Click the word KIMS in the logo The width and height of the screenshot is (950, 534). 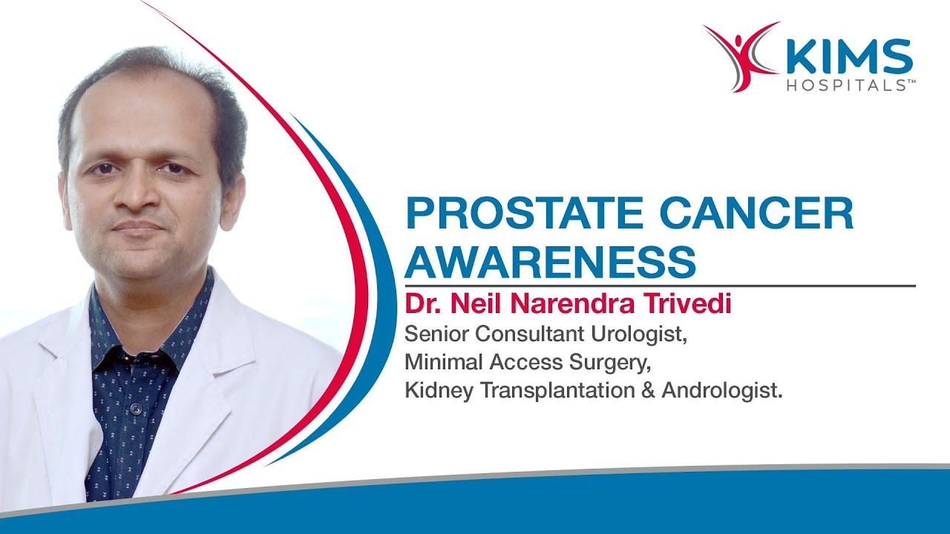coord(849,58)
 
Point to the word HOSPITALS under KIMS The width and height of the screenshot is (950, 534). coord(849,86)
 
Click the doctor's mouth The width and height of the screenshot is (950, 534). coord(138,227)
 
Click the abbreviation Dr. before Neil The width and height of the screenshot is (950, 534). coord(419,305)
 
